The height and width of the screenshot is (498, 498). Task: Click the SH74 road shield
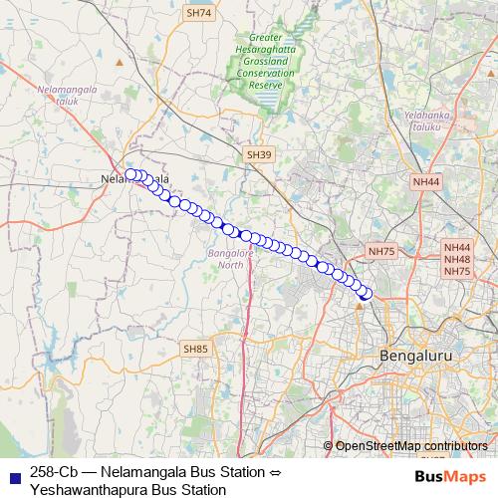tap(199, 13)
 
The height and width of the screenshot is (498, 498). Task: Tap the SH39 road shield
tap(258, 154)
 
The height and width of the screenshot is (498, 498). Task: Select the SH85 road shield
tap(196, 349)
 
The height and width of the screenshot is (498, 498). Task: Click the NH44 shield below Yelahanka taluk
tap(425, 182)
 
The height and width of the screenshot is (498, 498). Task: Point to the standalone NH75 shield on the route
tap(381, 252)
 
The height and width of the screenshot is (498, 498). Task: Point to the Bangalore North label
tap(230, 259)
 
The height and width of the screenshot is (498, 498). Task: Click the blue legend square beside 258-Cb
tap(13, 471)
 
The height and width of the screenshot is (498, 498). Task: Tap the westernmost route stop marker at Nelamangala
tap(130, 174)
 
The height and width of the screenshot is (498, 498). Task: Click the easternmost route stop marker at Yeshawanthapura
tap(366, 293)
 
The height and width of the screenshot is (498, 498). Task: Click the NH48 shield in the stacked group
tap(457, 259)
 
